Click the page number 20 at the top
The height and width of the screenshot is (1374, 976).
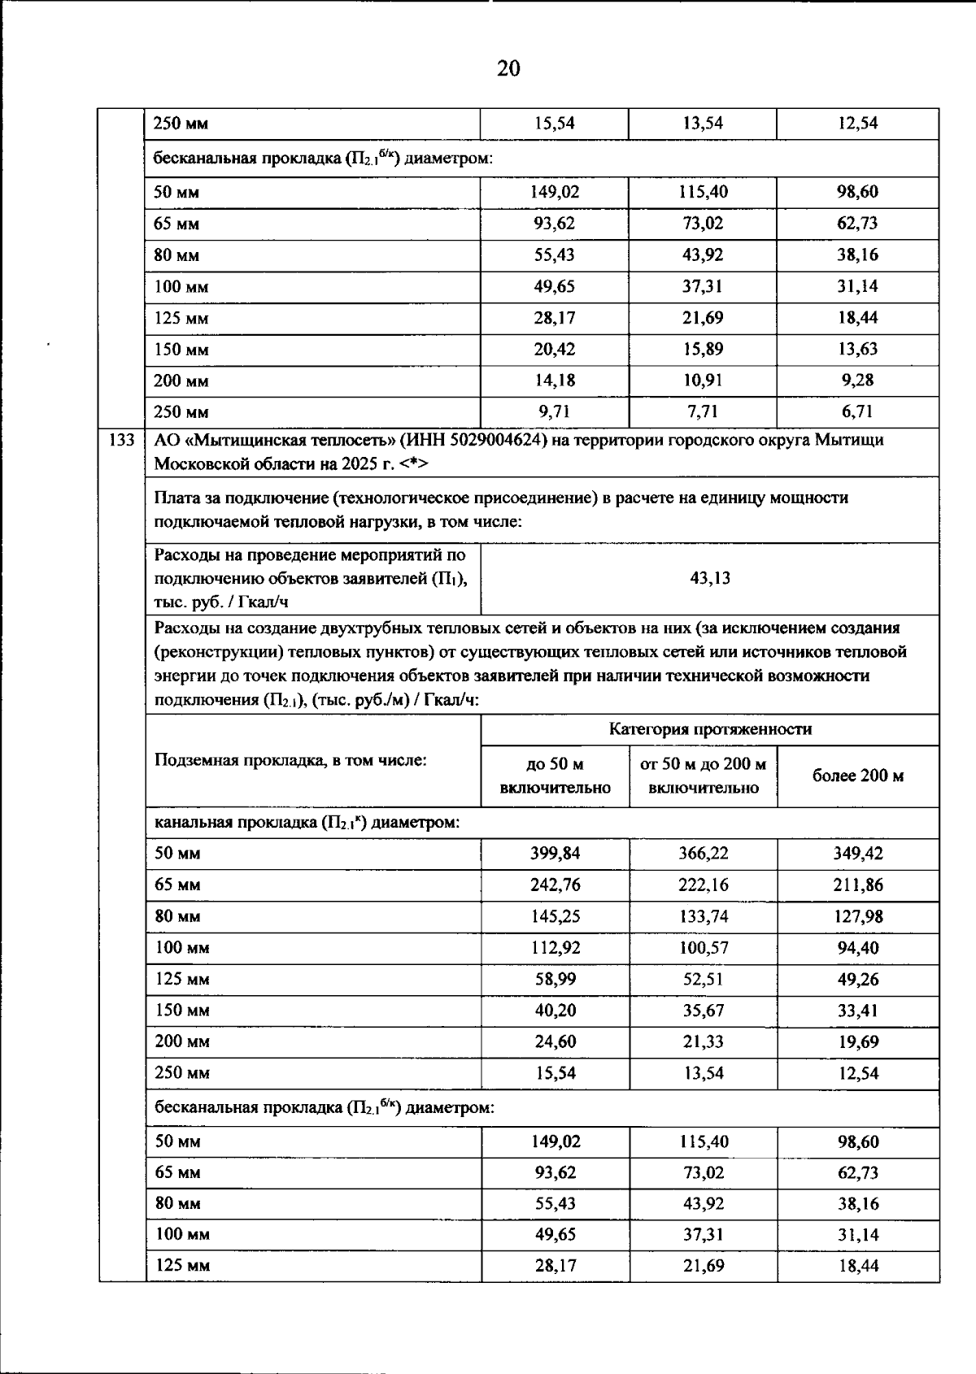508,68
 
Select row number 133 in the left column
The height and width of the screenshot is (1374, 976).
121,441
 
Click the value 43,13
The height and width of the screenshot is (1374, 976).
710,578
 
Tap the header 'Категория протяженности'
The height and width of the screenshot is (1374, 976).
710,729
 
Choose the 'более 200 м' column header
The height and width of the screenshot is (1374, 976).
858,776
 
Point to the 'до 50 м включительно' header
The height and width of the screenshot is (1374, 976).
555,776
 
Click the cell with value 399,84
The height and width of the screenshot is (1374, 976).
555,853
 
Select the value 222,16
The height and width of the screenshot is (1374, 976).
704,885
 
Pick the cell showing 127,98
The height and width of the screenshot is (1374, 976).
858,916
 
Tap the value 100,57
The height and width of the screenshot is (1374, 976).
704,947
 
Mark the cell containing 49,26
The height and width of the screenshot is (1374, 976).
858,979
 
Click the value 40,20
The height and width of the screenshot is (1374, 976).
555,1011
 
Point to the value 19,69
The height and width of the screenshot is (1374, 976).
858,1041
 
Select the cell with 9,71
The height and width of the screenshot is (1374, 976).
555,411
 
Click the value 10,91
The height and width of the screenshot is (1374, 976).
704,380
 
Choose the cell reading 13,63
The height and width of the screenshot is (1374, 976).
858,349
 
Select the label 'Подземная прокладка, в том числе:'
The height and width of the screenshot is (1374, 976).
290,760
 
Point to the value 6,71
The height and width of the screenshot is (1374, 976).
858,411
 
